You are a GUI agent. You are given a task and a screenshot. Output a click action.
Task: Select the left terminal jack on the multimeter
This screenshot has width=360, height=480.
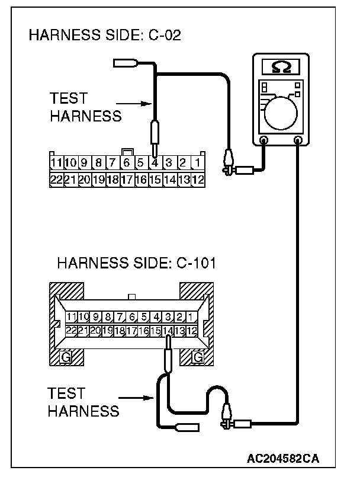point(263,140)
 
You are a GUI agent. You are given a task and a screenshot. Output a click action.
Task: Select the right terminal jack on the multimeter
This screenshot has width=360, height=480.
point(298,140)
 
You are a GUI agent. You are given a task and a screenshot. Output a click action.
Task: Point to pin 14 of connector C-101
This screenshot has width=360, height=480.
point(169,329)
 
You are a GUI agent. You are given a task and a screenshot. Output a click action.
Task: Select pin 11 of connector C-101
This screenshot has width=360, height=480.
point(72,316)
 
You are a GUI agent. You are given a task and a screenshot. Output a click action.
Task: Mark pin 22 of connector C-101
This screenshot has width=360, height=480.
point(72,329)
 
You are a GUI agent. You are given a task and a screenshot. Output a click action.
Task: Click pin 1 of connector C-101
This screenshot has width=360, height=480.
point(192,316)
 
